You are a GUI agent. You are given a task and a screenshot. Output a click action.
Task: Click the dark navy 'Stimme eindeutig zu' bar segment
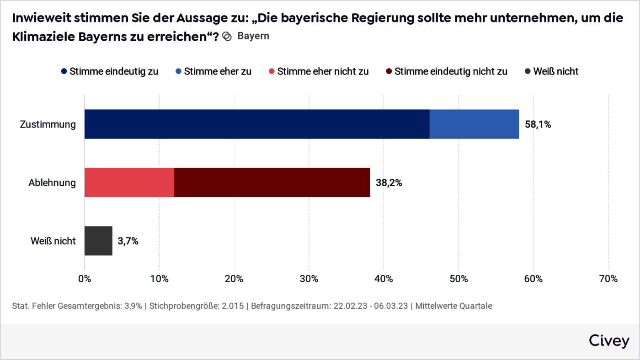[x=257, y=124]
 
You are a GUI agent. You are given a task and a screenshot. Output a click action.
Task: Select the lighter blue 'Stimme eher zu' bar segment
[x=474, y=124]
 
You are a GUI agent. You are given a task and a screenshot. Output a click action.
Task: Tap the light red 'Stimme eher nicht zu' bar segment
[x=129, y=183]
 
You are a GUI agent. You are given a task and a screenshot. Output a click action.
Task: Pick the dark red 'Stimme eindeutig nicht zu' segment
[x=272, y=183]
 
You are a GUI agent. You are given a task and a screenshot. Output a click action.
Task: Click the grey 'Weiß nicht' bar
[x=98, y=241]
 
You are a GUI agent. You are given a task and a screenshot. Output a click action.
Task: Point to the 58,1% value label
[x=538, y=124]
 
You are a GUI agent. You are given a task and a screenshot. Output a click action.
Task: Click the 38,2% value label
[x=389, y=183]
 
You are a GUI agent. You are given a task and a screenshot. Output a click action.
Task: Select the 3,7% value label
[x=128, y=241]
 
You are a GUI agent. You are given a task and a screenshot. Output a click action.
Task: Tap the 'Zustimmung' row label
[x=48, y=124]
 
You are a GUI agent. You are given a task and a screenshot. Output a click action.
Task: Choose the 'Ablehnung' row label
[x=52, y=183]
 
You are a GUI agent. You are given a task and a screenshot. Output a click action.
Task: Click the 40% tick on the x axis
[x=384, y=279]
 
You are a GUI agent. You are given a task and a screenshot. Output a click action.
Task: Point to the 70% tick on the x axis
[x=608, y=279]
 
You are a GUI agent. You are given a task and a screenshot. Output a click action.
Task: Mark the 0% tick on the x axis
[x=85, y=279]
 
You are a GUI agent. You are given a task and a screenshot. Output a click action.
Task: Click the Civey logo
[x=608, y=341]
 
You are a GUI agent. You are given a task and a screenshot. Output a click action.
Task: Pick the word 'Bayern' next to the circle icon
[x=253, y=36]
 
